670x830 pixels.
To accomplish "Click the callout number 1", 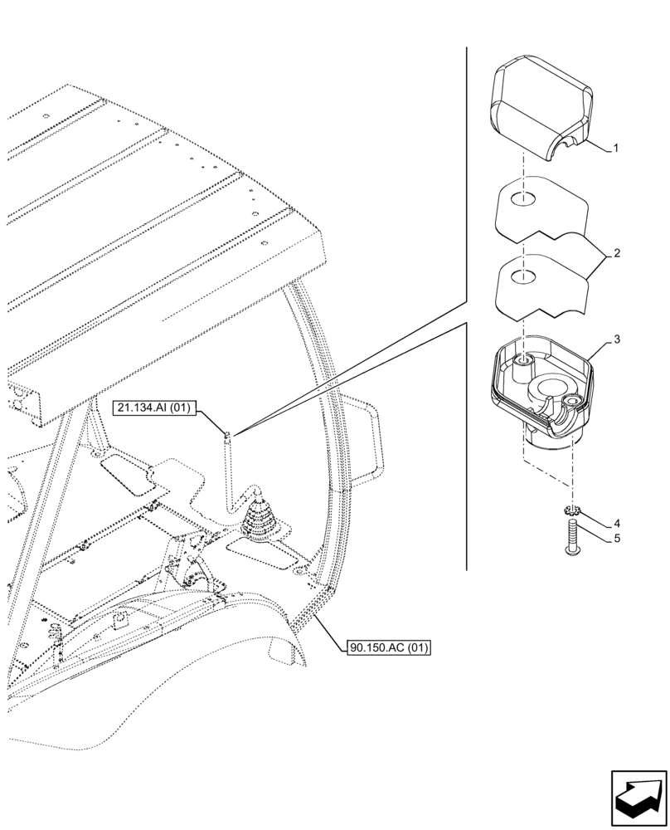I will (x=614, y=149).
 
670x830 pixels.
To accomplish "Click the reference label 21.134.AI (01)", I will (x=153, y=408).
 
